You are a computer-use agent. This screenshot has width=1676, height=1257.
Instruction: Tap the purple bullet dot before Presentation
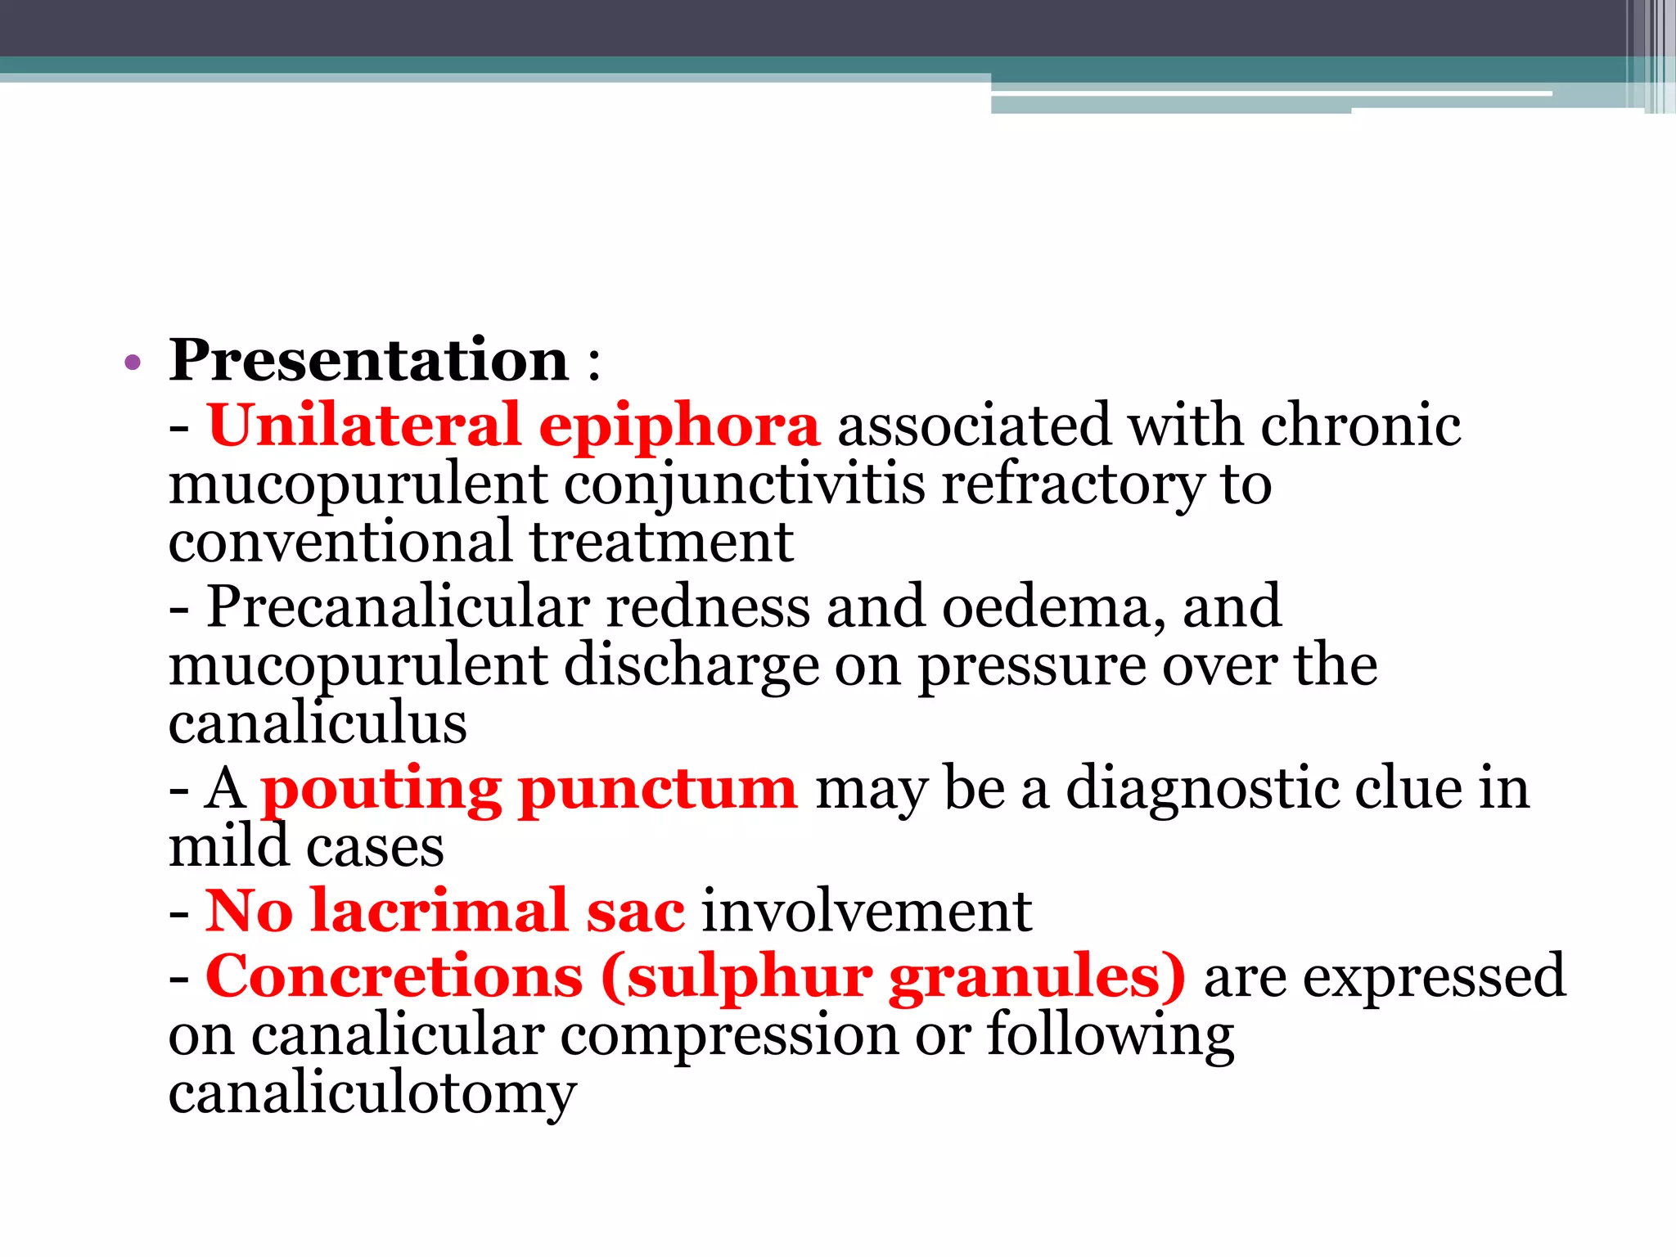[133, 363]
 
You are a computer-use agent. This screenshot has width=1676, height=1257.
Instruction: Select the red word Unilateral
[363, 426]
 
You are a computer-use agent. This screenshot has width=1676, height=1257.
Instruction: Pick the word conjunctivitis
[744, 485]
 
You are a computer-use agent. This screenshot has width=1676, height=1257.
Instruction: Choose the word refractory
[1073, 485]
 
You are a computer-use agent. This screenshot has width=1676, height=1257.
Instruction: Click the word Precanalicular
[398, 607]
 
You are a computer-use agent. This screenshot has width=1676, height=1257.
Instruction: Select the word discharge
[691, 667]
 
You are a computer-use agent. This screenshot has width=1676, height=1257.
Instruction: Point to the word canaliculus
[318, 723]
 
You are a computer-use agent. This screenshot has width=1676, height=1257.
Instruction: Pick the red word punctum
[657, 791]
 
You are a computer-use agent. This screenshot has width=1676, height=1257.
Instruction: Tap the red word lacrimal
[439, 911]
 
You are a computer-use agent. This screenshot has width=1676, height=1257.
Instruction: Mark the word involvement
[867, 911]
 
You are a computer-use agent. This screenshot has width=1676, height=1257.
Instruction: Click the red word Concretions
[394, 976]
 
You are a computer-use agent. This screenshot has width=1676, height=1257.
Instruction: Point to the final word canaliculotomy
[372, 1095]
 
